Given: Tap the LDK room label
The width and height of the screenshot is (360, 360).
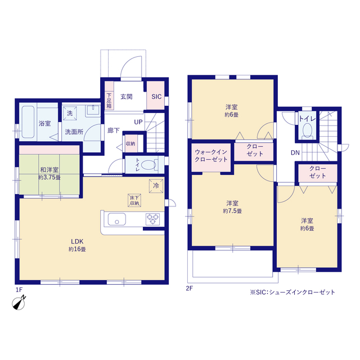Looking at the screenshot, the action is (x=77, y=241).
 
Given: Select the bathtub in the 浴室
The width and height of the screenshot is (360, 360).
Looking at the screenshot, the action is (x=28, y=122).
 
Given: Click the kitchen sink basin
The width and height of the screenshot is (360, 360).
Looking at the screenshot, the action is (x=117, y=219).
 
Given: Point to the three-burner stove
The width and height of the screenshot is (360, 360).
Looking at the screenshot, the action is (x=152, y=219).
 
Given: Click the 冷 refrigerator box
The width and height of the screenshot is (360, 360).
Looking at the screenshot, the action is (x=156, y=186).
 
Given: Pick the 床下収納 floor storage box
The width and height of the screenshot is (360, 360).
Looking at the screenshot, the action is (x=134, y=200).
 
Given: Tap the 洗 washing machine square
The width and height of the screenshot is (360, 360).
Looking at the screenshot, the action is (x=70, y=113).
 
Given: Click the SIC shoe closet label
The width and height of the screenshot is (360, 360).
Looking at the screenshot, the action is (x=156, y=97).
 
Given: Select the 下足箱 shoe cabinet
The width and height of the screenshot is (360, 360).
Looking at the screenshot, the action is (x=109, y=96).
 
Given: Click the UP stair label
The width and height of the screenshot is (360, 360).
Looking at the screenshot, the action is (x=138, y=122).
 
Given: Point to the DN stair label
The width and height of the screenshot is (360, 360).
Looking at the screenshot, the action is (x=295, y=152).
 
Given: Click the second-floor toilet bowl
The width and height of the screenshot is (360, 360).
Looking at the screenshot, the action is (x=308, y=130).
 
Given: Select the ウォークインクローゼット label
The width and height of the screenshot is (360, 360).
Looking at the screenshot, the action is (x=211, y=156).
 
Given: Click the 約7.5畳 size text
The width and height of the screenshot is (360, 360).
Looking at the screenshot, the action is (x=232, y=211).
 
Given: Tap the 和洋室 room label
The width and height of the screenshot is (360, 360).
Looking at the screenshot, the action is (x=49, y=170).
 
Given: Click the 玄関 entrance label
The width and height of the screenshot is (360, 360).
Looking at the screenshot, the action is (x=127, y=97).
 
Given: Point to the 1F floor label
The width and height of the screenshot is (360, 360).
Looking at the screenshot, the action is (x=19, y=290).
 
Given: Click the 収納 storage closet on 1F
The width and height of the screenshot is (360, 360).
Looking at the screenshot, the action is (x=131, y=144).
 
